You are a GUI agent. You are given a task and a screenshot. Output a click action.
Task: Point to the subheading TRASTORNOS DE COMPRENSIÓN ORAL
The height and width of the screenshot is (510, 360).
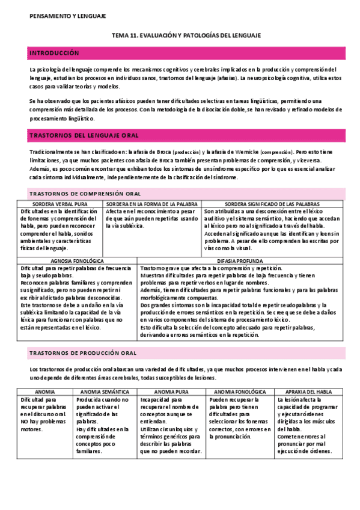(x=85, y=194)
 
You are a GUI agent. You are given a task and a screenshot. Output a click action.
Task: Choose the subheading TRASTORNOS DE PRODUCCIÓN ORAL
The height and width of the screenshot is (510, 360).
(x=83, y=352)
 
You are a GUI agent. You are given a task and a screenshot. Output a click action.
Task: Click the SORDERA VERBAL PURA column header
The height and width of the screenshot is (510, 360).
(x=60, y=204)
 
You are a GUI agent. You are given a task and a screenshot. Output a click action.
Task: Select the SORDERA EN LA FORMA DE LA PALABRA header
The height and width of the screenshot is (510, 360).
(x=152, y=204)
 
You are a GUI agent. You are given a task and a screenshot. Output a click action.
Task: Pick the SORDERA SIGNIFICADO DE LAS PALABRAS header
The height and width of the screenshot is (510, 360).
(x=272, y=204)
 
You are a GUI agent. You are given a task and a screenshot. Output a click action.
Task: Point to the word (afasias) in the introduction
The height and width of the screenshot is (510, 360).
(x=222, y=78)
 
